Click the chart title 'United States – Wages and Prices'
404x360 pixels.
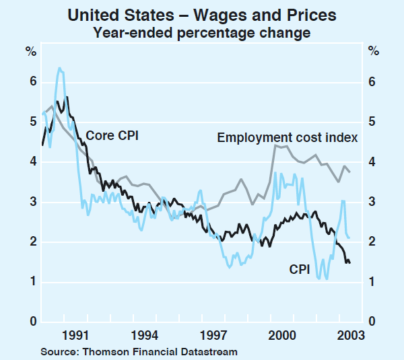click(202, 13)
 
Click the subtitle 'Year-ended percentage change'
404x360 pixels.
click(202, 32)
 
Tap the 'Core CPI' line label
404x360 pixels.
click(112, 135)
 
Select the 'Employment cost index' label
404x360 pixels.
click(287, 138)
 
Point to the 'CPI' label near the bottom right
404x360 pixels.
click(300, 270)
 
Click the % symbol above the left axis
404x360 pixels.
click(31, 50)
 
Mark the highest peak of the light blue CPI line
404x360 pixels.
click(60, 68)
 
